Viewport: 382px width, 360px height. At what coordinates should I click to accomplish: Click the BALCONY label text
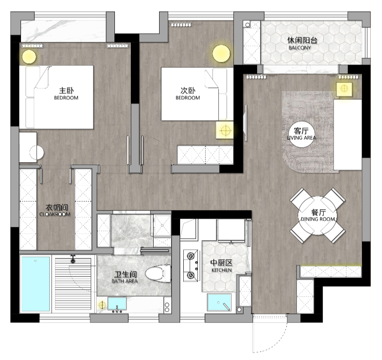coord(299,48)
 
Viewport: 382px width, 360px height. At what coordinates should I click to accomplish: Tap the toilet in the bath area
coord(158,273)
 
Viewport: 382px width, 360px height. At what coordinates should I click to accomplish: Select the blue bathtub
coord(36,283)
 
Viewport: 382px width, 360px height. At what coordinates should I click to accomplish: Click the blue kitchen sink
coord(219,303)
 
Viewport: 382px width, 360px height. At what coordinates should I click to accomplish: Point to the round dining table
coord(317,216)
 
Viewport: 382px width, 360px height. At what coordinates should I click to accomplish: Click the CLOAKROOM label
coord(55,214)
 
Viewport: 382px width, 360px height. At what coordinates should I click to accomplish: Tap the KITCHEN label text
coord(222,270)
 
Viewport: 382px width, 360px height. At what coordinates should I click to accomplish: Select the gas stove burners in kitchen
coord(191,266)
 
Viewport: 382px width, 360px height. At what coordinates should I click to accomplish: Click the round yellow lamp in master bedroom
coord(29,57)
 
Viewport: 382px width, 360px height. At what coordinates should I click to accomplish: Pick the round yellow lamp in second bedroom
coord(221,54)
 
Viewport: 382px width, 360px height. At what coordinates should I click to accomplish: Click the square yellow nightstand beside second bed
coord(225,130)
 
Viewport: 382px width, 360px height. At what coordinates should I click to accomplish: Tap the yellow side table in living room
coord(344,89)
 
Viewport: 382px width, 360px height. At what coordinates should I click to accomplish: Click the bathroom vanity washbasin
coord(117,303)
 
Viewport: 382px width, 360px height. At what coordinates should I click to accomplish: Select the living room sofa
coord(348,134)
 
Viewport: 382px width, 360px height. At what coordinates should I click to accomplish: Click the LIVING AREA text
coord(301,138)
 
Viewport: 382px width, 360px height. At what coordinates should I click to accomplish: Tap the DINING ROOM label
coord(318,219)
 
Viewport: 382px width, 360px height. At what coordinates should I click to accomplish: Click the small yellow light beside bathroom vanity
coord(102,304)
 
